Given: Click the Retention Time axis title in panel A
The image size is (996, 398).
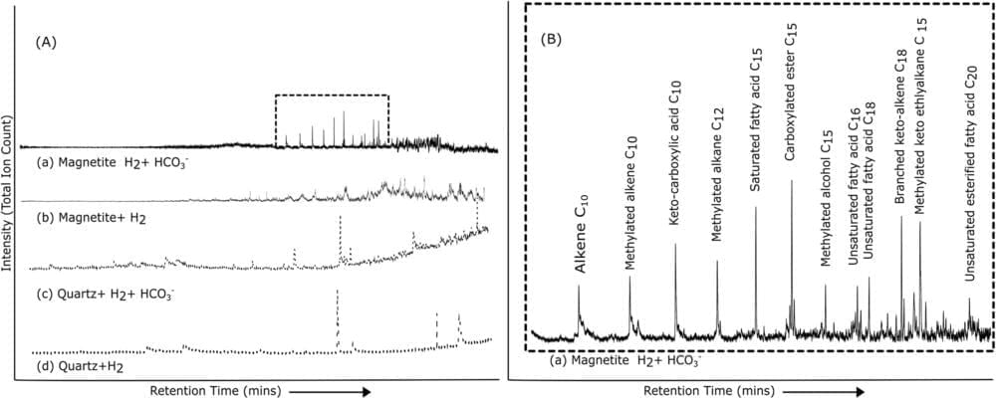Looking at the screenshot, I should tap(213, 391).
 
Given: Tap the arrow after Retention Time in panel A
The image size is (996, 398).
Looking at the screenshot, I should tap(335, 391).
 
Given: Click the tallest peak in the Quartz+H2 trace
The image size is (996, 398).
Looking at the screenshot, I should tap(338, 293).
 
